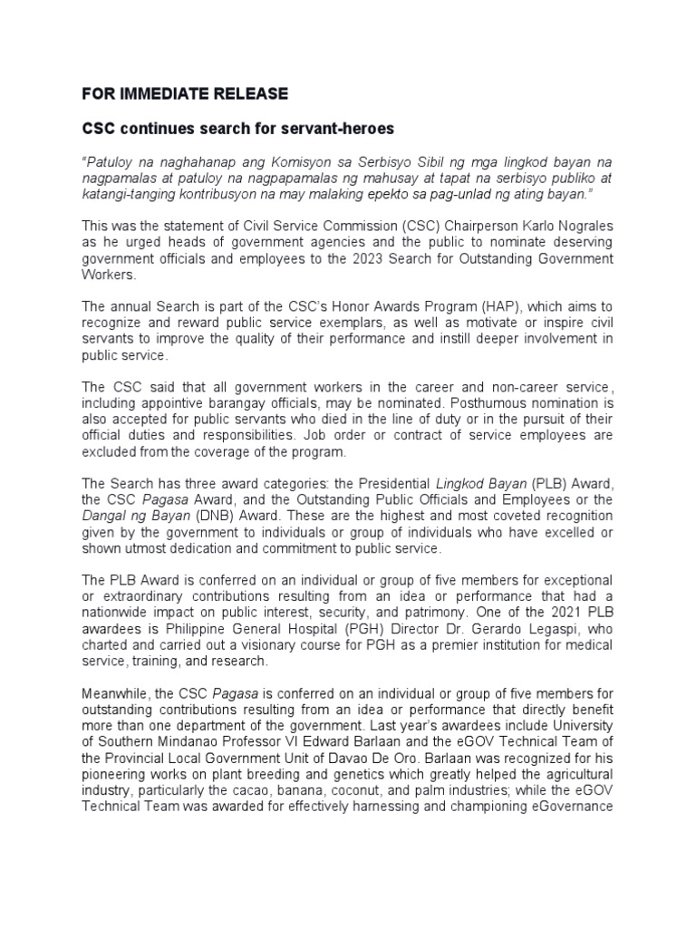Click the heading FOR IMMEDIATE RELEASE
pos(185,93)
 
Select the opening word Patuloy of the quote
pos(111,159)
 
